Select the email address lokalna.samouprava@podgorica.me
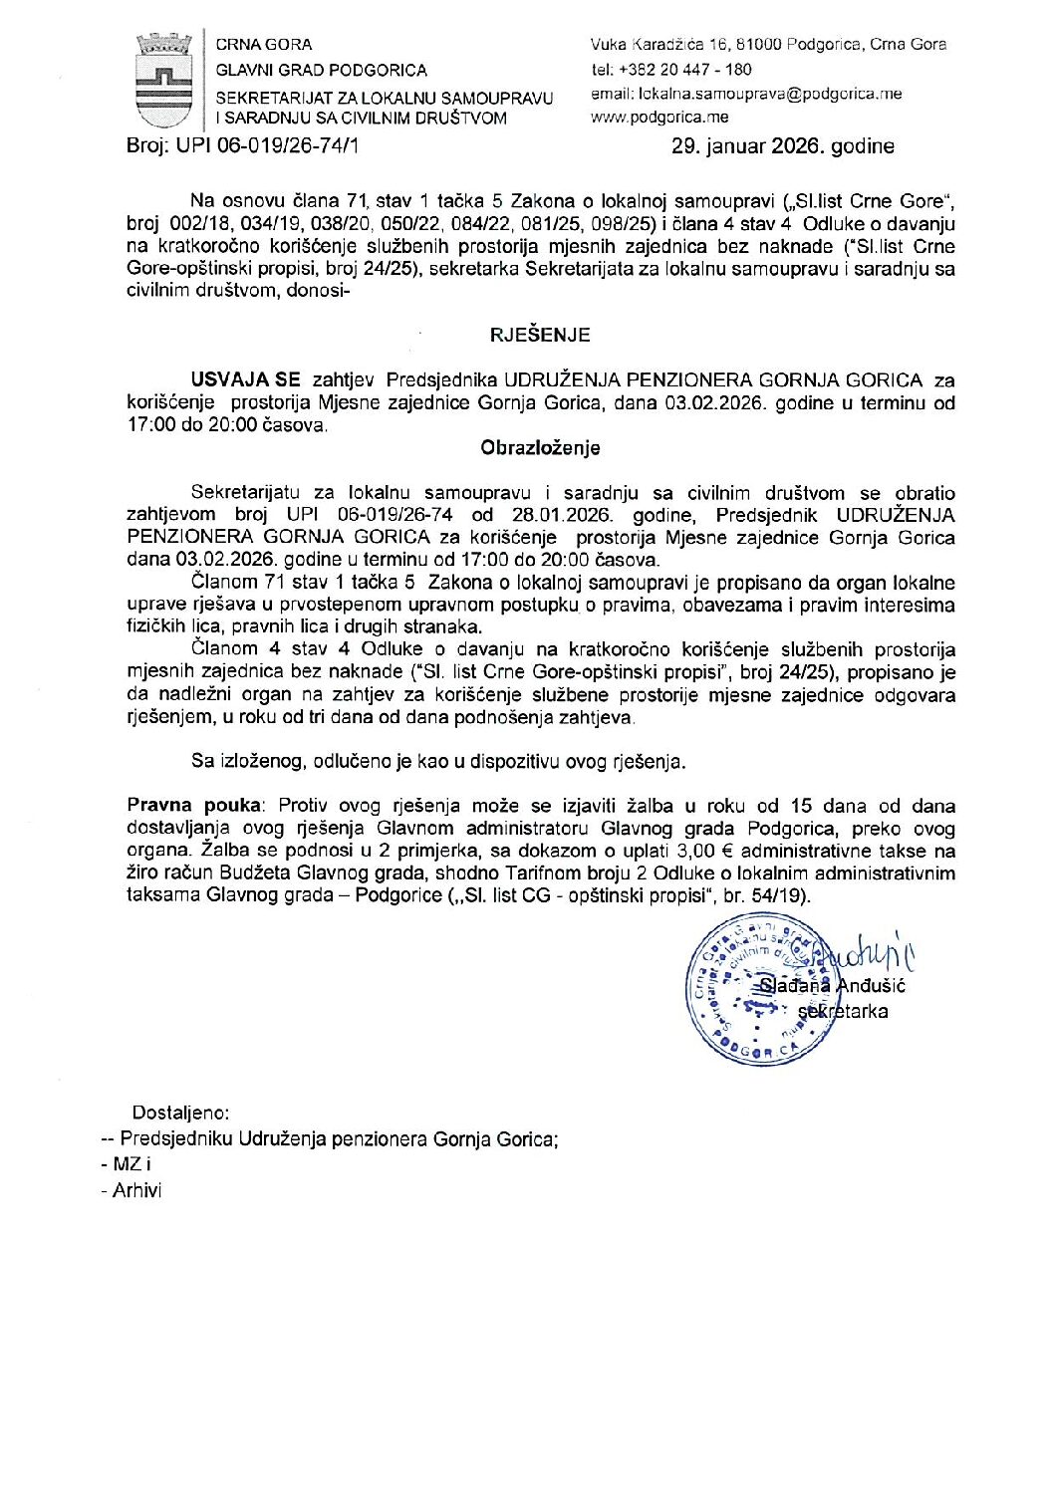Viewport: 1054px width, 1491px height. (746, 94)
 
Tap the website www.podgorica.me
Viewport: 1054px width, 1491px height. (659, 118)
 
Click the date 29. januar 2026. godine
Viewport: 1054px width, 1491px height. (783, 146)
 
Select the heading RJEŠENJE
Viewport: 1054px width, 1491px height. (540, 336)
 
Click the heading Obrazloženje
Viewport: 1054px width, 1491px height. (540, 448)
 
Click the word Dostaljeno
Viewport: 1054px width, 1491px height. (180, 1113)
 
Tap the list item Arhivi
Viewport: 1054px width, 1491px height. (136, 1190)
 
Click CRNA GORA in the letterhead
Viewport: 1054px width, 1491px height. (264, 45)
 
